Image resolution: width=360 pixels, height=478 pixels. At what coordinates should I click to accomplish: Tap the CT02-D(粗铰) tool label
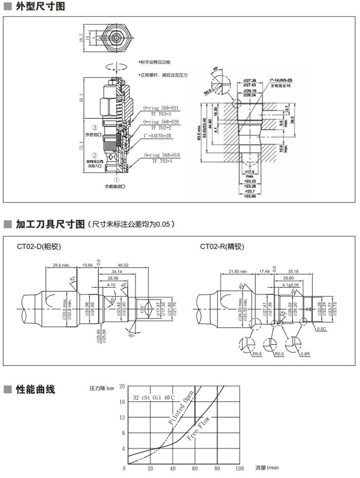[39, 246]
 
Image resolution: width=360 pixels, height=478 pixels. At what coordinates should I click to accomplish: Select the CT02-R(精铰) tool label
[222, 246]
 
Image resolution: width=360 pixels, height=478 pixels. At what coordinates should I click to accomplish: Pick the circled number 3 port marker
[95, 128]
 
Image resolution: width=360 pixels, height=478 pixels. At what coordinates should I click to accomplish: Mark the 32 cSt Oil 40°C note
[154, 398]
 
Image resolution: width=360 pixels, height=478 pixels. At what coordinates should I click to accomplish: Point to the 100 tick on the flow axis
[239, 468]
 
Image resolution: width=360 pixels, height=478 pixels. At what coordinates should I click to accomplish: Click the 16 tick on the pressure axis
[122, 401]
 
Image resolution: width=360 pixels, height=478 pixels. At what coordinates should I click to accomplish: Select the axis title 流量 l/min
[267, 468]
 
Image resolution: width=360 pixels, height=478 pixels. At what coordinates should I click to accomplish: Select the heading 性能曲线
[35, 389]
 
